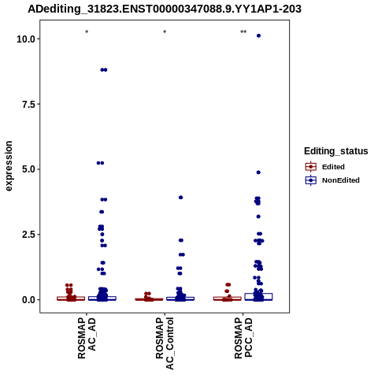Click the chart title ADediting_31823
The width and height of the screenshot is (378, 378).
(165, 9)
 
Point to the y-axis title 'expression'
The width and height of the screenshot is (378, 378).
(9, 166)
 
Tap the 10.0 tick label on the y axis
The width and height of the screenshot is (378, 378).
(26, 39)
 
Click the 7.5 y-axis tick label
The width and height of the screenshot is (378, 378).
(29, 105)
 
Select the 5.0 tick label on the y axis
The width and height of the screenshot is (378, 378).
(29, 169)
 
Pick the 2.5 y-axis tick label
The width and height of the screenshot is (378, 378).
(29, 235)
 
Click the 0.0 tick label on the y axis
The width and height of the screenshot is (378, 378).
(29, 300)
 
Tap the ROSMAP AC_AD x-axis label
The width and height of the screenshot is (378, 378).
(87, 338)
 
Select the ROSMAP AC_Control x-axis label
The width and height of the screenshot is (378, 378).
(165, 343)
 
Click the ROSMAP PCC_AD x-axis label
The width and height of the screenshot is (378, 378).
(243, 338)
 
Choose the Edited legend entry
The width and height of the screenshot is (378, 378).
(325, 167)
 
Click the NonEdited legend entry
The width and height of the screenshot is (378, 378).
(332, 180)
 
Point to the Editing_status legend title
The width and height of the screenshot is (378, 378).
(336, 151)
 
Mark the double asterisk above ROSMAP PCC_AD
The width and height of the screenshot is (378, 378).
(243, 32)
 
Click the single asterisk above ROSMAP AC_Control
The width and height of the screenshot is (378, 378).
(165, 32)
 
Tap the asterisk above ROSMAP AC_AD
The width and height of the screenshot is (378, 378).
(87, 32)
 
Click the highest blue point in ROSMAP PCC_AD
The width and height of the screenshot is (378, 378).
(258, 35)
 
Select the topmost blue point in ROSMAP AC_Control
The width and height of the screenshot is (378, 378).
(180, 198)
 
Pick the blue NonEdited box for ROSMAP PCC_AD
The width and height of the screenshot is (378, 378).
(258, 297)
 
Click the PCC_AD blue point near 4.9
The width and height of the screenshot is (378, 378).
(258, 172)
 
